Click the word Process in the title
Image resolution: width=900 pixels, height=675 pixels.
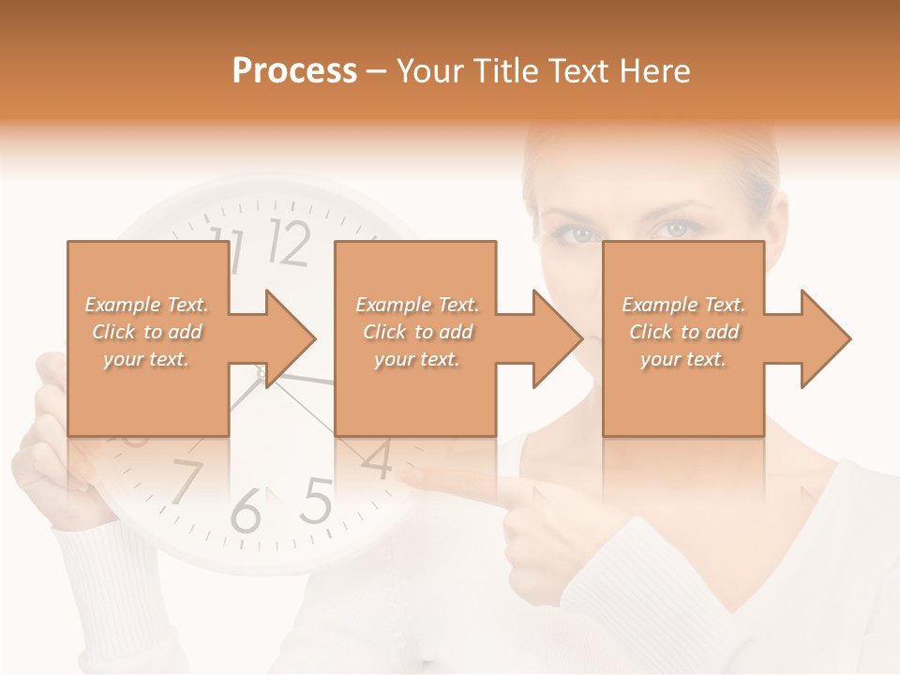294,71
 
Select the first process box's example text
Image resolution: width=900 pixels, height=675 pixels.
146,332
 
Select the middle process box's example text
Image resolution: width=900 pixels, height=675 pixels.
416,332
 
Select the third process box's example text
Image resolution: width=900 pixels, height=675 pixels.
683,332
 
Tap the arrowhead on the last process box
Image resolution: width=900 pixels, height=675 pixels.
824,338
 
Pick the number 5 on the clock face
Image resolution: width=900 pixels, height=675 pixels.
317,502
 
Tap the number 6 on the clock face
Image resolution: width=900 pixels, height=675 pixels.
245,512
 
